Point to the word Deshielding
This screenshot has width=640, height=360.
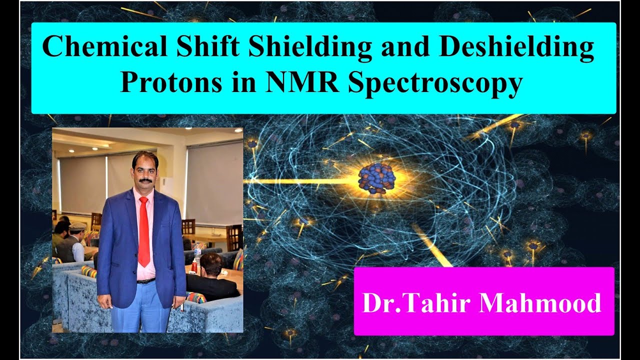click(x=503, y=48)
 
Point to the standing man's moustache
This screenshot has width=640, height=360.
click(x=145, y=179)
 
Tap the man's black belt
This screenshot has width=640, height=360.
click(x=145, y=281)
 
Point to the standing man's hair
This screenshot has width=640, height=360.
click(x=145, y=158)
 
